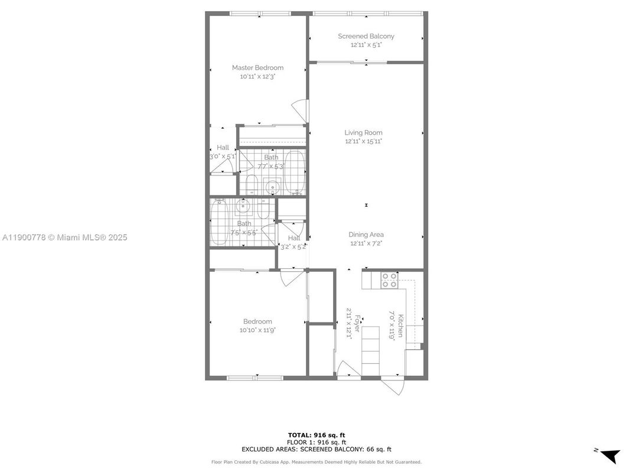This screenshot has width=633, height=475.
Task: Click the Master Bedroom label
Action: (x=257, y=68)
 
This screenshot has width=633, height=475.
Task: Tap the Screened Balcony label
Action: (x=366, y=36)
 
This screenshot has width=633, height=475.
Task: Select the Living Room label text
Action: (x=364, y=133)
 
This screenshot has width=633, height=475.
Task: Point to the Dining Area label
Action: (x=366, y=235)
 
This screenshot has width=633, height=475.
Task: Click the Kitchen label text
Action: (x=400, y=326)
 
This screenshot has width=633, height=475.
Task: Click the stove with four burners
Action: (x=389, y=279)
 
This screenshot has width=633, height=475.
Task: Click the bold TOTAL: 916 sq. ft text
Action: (x=316, y=435)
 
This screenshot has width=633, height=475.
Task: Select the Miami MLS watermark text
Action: (x=64, y=237)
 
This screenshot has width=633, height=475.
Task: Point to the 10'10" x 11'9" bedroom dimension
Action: (x=257, y=330)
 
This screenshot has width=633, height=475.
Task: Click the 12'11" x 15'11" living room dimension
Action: (x=364, y=141)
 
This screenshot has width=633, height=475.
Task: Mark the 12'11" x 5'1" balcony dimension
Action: (x=366, y=44)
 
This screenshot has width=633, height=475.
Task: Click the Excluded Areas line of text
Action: (x=316, y=449)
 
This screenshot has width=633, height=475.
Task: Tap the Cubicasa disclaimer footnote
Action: (x=316, y=462)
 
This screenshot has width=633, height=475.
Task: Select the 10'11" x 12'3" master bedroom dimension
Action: (x=257, y=76)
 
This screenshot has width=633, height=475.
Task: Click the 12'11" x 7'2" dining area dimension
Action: (x=366, y=243)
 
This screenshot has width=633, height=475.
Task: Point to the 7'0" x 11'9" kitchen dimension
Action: (x=391, y=325)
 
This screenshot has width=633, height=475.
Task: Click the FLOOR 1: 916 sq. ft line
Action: (x=316, y=442)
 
